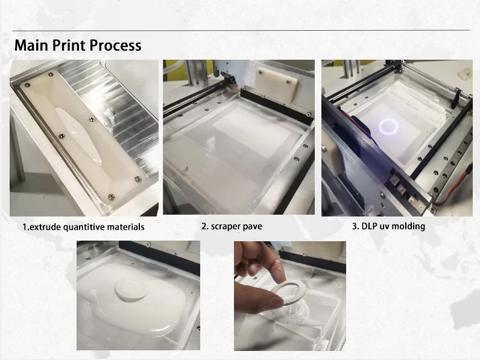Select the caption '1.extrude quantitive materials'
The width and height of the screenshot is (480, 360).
83,227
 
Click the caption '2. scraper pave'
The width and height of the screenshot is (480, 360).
232,227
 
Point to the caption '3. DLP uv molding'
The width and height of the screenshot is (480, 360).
388,227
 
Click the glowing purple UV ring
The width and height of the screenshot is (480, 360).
388,126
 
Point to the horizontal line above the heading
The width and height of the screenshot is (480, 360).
241,30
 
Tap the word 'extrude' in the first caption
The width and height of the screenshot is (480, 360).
44,227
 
